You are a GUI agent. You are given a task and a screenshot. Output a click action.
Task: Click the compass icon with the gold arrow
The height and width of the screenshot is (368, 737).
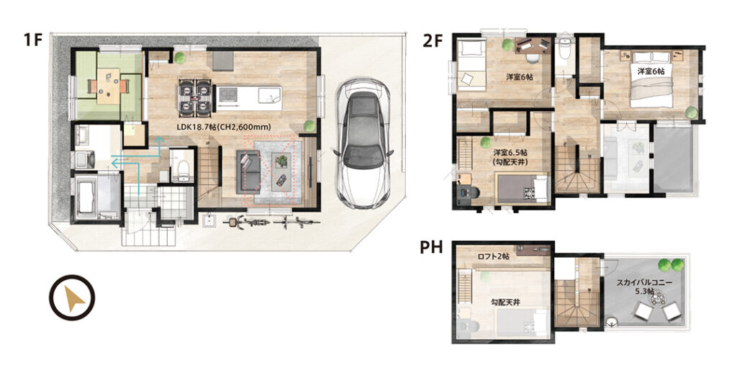(x=73, y=297)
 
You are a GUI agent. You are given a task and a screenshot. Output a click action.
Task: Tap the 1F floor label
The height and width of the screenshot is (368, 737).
(x=32, y=40)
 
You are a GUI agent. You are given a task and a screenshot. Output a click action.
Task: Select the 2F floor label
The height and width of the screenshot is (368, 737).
(x=433, y=41)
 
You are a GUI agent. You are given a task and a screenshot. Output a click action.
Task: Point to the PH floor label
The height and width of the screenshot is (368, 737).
(x=432, y=248)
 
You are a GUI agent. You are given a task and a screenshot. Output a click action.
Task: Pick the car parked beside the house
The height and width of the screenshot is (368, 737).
(x=363, y=143)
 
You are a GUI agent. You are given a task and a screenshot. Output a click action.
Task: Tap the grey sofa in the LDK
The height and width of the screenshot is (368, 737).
(x=248, y=172)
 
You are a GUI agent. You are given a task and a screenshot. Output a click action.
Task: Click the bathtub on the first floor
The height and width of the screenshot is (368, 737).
(x=88, y=197)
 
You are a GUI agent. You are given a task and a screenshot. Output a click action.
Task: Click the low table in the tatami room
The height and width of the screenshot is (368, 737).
(x=109, y=86)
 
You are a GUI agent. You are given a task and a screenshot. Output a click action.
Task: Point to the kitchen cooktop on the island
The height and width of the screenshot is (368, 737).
(x=228, y=95)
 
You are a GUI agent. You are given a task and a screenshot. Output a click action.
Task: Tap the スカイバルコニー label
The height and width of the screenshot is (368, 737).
(x=644, y=283)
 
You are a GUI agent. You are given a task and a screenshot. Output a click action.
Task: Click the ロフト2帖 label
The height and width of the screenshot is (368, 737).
(x=493, y=257)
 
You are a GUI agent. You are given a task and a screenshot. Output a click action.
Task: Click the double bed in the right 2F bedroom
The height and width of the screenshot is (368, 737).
(x=651, y=80)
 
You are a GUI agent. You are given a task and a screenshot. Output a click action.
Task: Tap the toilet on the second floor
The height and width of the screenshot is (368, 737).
(x=564, y=50)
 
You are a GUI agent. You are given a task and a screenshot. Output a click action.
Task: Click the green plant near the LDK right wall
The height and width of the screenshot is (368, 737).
(x=309, y=125)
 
